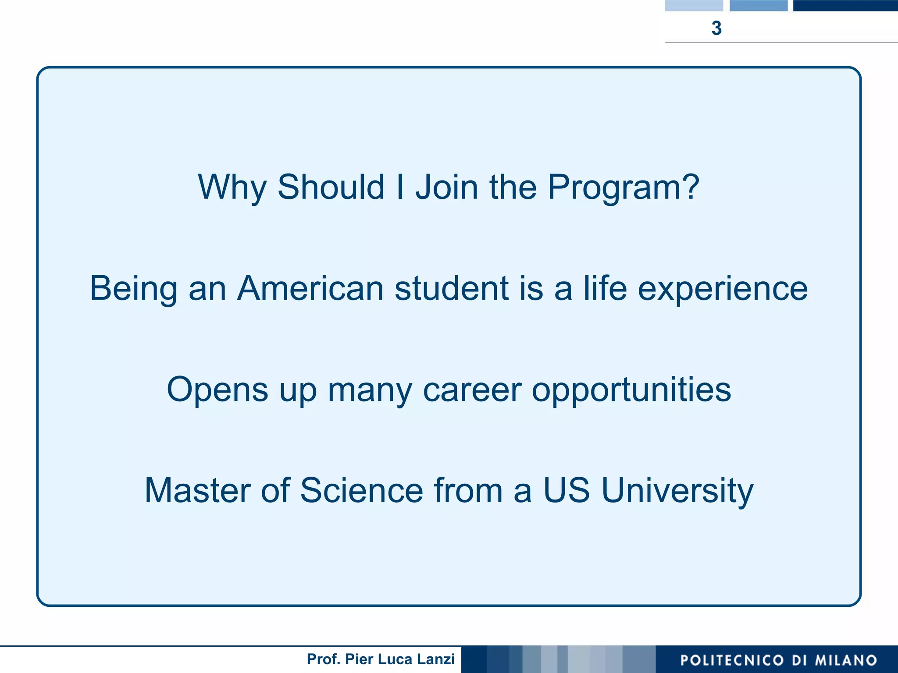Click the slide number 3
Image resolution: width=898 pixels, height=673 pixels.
pos(716,28)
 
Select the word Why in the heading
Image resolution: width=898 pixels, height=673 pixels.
pos(232,187)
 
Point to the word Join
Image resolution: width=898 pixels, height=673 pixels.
pos(447,187)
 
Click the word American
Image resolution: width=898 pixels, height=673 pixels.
pos(310,288)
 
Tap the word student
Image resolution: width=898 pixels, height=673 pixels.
pos(452,288)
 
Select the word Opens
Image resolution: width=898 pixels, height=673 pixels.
pos(217,390)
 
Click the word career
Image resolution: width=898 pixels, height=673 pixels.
pos(472,390)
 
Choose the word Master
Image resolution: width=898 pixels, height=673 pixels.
pos(197,490)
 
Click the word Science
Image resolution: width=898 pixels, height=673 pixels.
pos(362,490)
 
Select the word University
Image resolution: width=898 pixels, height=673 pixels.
pos(677,491)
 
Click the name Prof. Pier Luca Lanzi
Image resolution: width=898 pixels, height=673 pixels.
pos(381,659)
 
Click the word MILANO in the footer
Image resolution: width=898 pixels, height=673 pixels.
pos(846,660)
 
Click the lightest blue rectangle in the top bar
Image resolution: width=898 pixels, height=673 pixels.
pos(694,5)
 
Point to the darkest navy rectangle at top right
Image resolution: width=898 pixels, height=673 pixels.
pos(845,5)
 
